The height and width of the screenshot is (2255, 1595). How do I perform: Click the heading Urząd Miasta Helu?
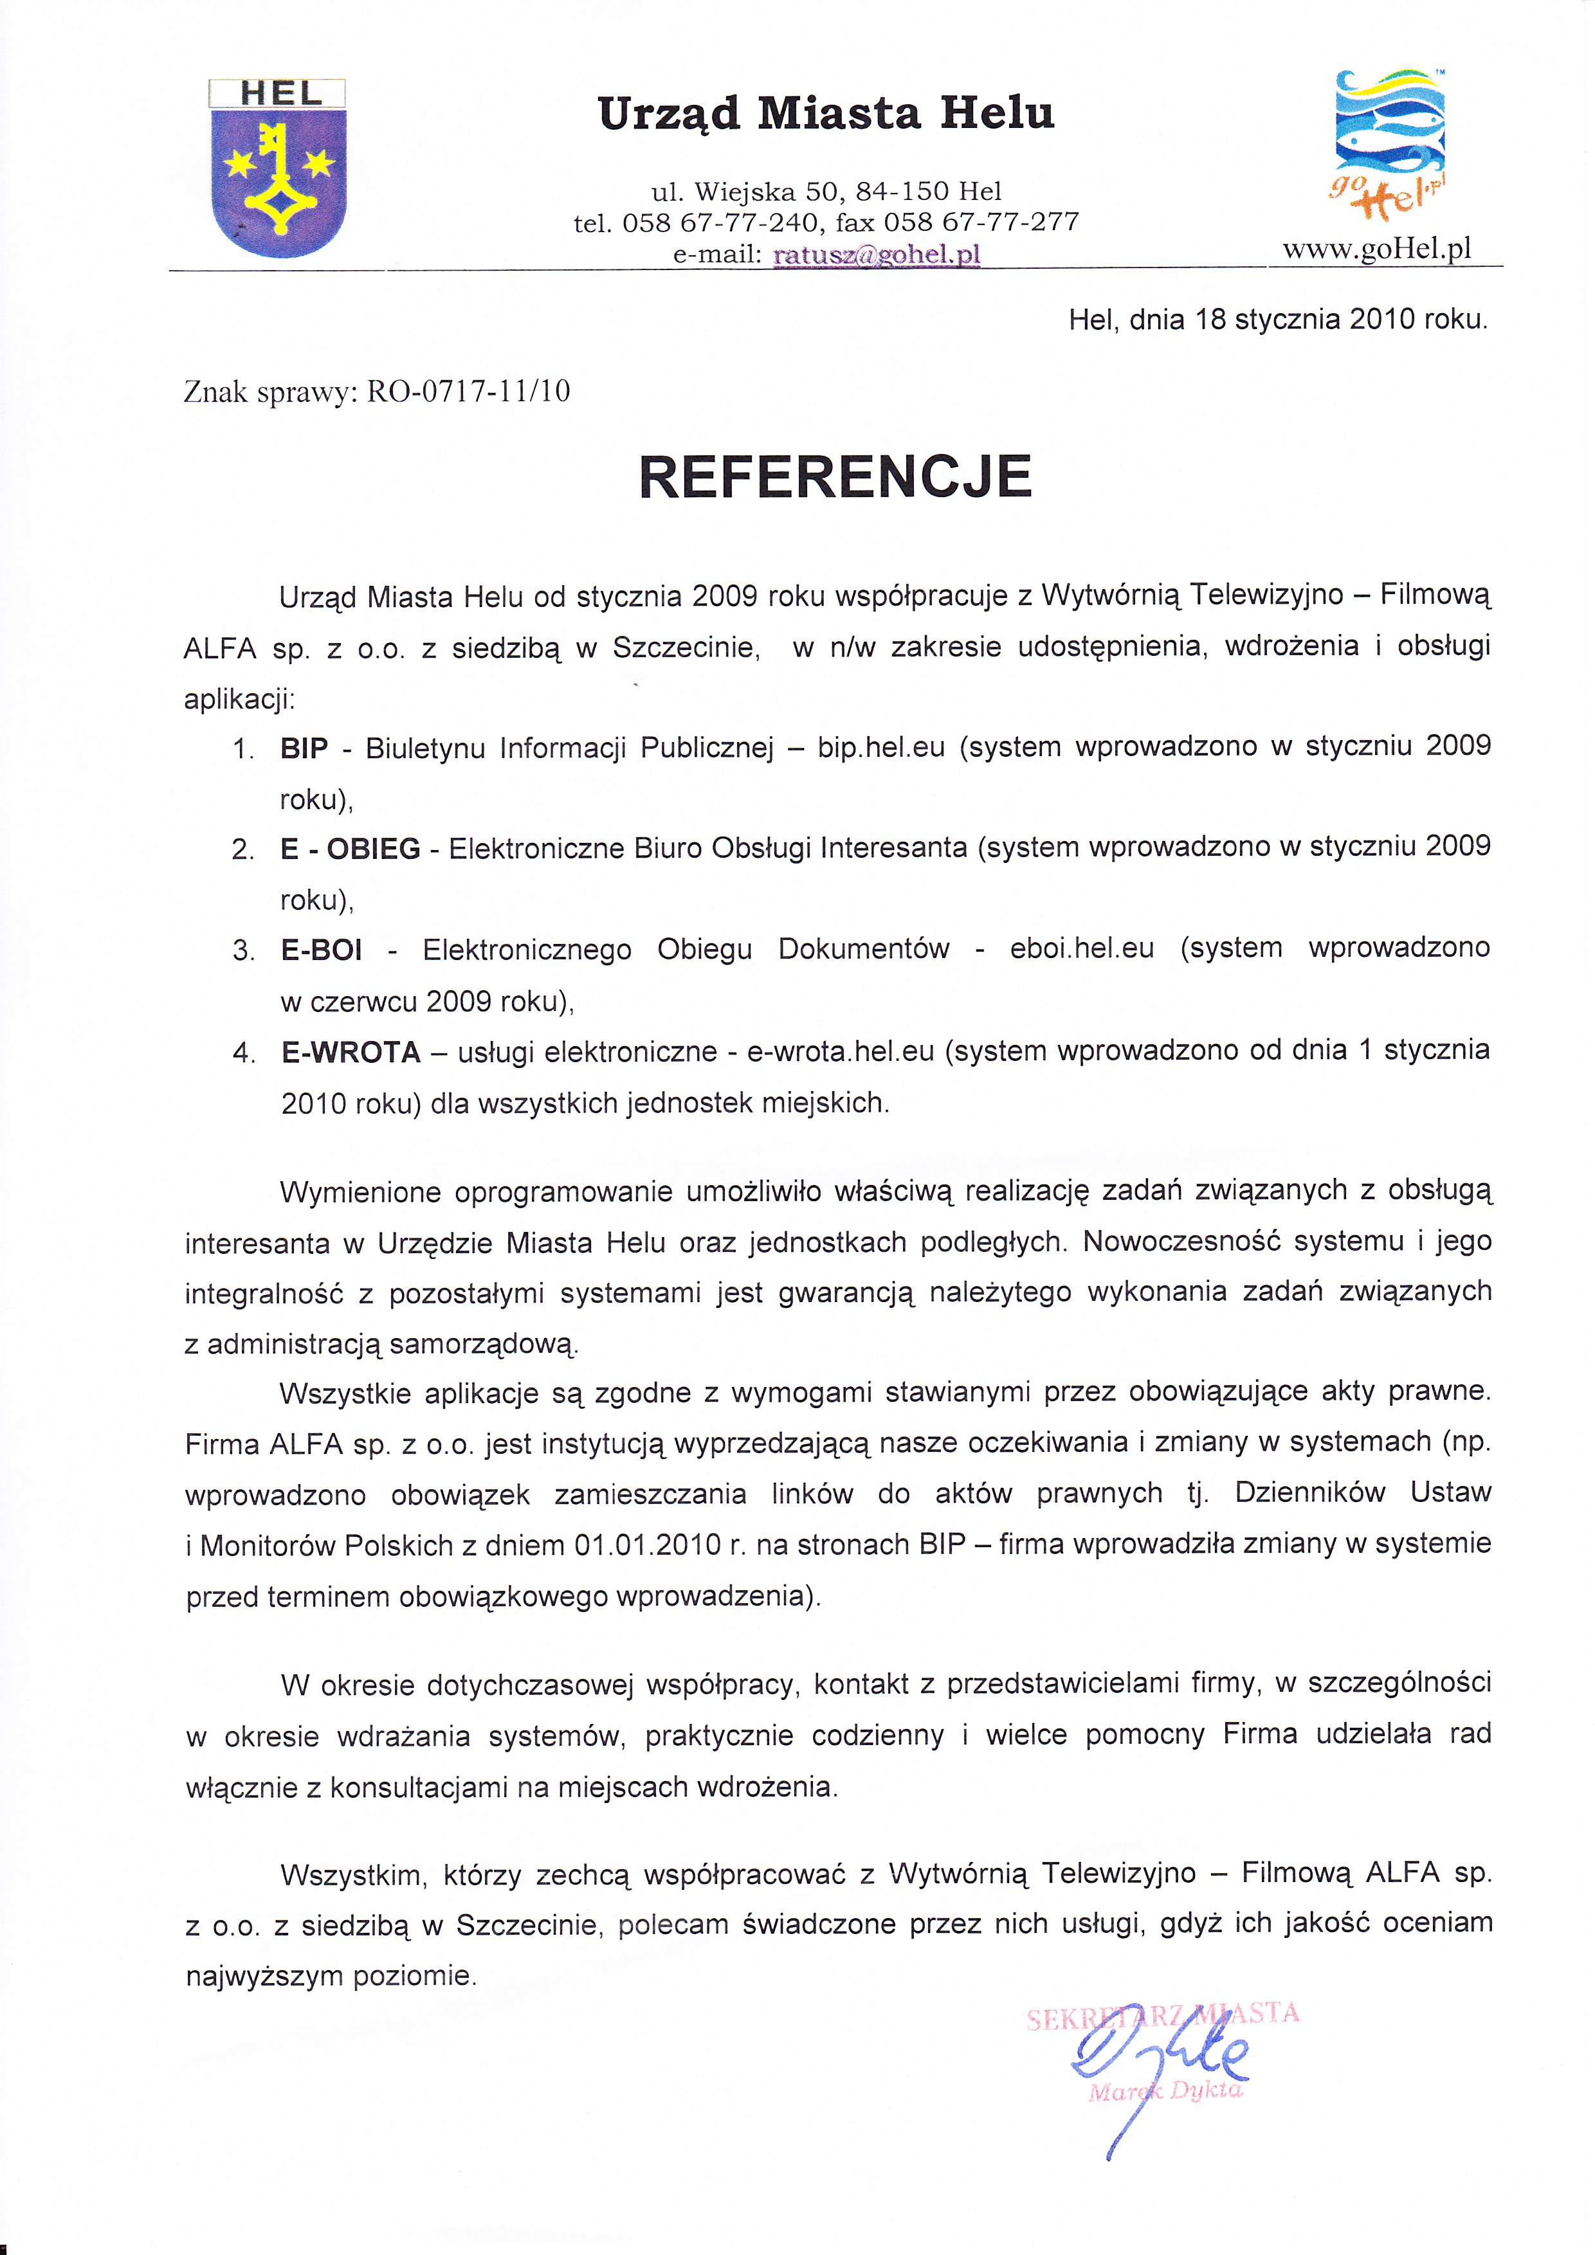coord(826,114)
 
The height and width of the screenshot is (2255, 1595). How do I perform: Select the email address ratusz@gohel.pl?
coord(877,255)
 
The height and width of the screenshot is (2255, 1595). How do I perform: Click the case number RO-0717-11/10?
coord(468,392)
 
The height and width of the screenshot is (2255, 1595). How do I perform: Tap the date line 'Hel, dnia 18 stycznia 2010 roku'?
coord(1278,319)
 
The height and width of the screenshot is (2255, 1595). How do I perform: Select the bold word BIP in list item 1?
coord(304,748)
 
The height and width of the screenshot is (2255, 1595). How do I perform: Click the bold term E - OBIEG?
coord(351,849)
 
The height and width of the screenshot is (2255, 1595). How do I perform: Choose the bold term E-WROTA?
coord(351,1053)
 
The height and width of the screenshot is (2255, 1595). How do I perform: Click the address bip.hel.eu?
coord(881,747)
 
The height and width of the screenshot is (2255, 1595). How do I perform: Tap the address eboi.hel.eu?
coord(1081,949)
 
